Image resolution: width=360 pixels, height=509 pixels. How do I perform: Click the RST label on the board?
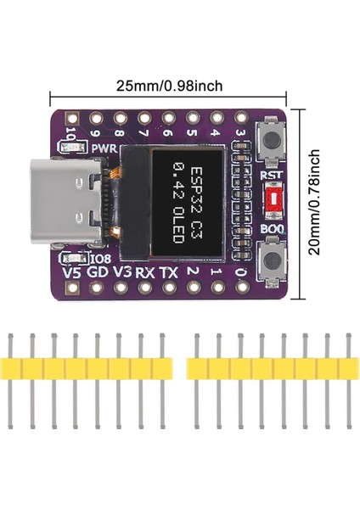[x=272, y=176]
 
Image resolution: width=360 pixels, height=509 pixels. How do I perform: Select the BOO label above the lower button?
[x=272, y=228]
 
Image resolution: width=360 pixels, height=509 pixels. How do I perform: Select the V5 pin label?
[x=73, y=274]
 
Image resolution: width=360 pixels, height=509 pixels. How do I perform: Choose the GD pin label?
[x=98, y=274]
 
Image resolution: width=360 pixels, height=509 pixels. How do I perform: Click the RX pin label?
[x=145, y=274]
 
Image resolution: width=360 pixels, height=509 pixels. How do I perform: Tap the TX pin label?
[x=169, y=274]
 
